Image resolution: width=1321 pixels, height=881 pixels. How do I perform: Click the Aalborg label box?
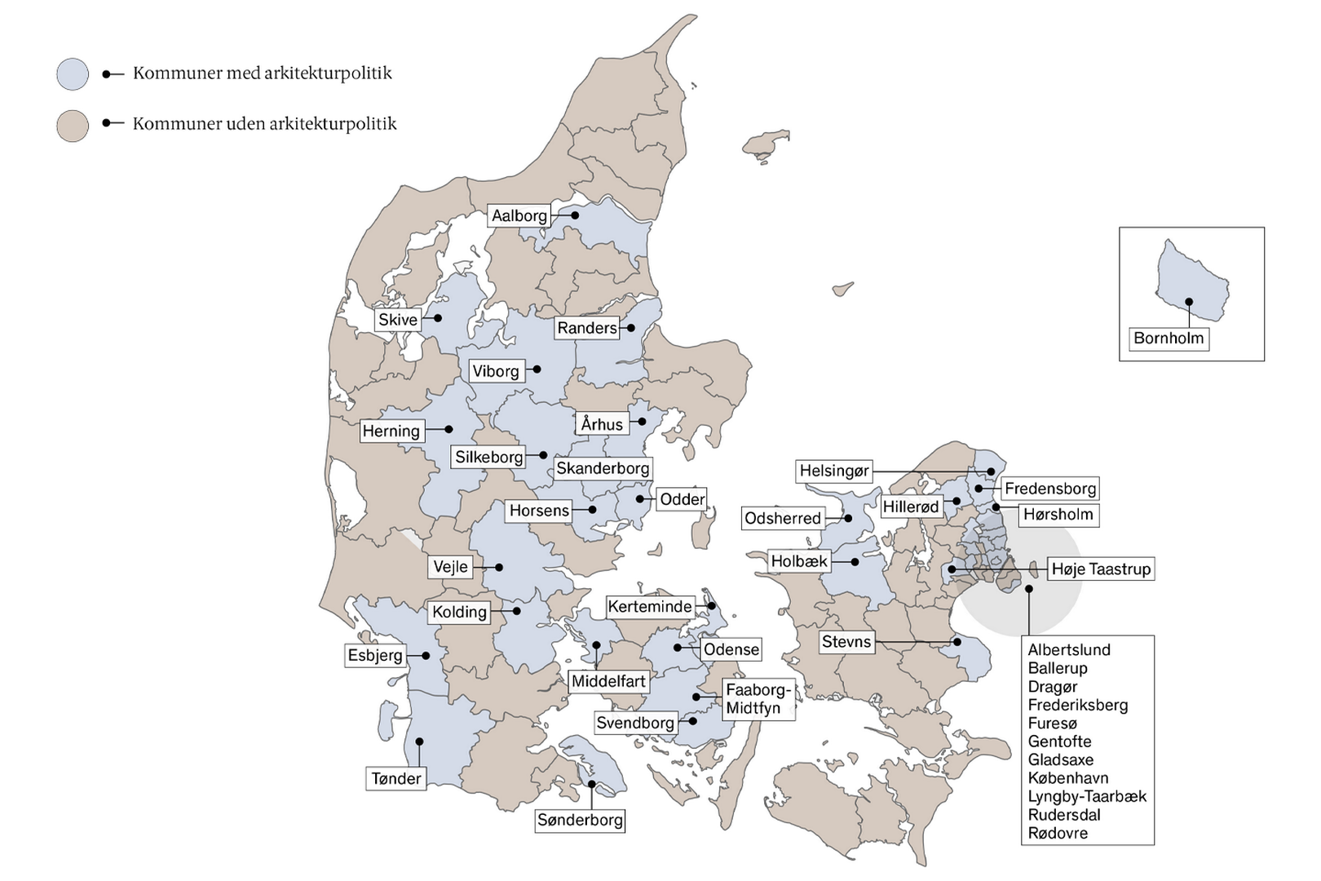click(x=519, y=216)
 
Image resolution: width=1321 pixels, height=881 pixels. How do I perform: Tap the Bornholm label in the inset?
click(x=1168, y=339)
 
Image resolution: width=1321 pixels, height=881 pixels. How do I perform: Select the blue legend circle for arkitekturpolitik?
click(x=73, y=74)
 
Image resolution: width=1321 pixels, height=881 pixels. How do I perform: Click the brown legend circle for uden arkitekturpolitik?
click(x=73, y=126)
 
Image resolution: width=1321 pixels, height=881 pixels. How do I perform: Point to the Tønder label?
click(x=396, y=778)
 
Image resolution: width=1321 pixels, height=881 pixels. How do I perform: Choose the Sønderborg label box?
click(x=580, y=820)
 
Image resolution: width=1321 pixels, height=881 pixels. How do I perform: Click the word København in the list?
click(x=1067, y=778)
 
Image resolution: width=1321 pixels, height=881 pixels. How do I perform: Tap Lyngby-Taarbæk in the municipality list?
click(x=1086, y=796)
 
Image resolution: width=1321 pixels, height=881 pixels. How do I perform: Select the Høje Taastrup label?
click(x=1100, y=569)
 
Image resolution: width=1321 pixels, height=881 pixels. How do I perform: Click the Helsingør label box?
click(x=834, y=471)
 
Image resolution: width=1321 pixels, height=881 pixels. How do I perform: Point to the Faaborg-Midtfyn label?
click(x=758, y=699)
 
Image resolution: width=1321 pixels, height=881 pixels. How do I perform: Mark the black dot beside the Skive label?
click(x=438, y=318)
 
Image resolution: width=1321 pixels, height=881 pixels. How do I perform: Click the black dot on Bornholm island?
click(x=1189, y=302)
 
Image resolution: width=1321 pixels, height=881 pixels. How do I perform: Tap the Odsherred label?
click(x=782, y=518)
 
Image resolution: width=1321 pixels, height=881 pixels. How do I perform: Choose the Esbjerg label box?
click(x=375, y=655)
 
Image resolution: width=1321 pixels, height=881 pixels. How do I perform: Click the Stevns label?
click(x=846, y=642)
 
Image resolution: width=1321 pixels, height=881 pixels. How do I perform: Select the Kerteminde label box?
click(x=650, y=607)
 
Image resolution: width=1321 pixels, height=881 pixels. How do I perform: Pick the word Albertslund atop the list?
click(x=1068, y=650)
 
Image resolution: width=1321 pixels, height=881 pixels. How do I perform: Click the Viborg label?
click(x=496, y=371)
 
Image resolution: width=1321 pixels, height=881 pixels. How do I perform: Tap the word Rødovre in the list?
click(x=1058, y=833)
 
